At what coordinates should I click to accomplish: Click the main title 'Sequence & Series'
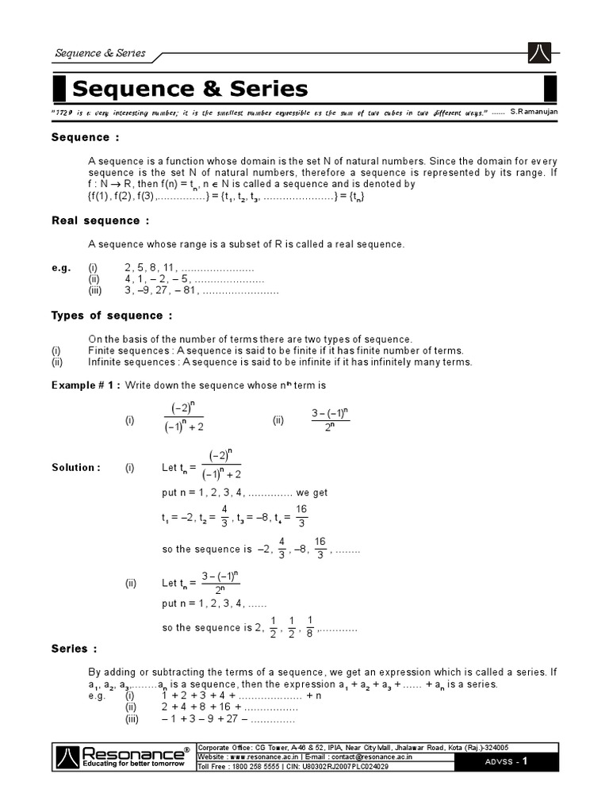click(190, 88)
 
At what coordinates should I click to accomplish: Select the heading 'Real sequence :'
click(100, 220)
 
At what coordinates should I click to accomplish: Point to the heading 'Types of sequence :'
click(112, 316)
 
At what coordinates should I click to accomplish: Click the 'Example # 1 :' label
click(86, 385)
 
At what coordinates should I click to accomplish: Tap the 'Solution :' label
click(76, 468)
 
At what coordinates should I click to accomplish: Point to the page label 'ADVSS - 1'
click(516, 762)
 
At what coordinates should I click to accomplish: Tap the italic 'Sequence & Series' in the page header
click(100, 53)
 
